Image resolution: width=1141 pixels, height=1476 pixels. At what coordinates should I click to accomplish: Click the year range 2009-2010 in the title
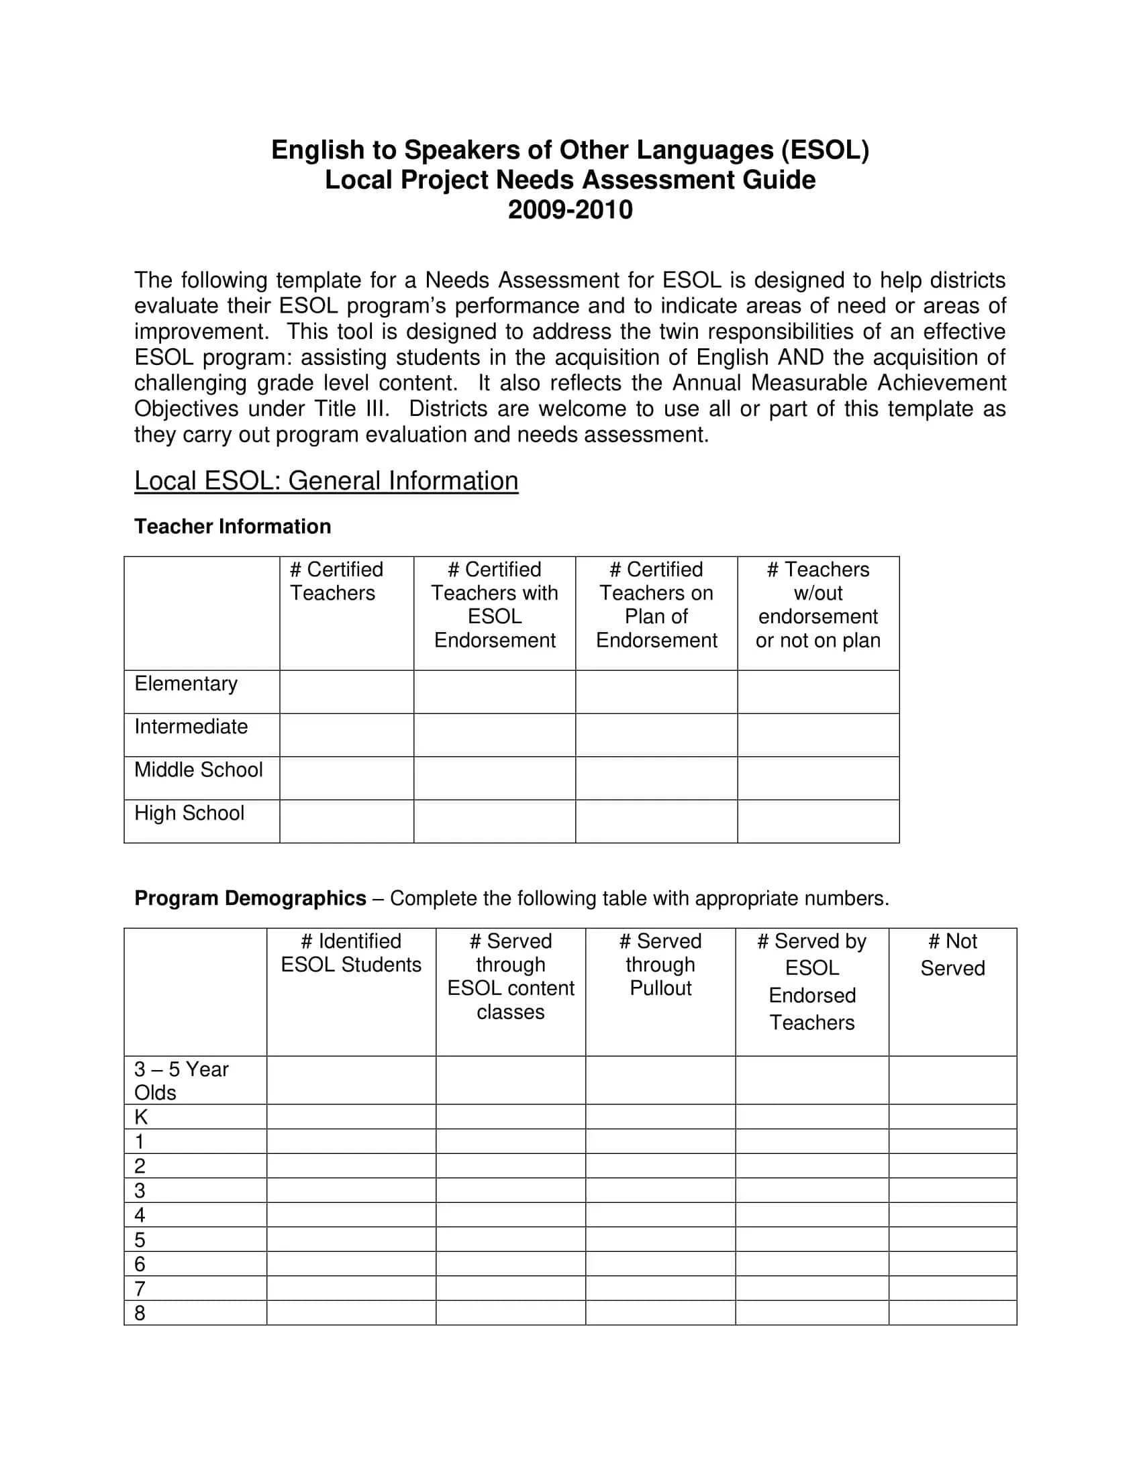(570, 210)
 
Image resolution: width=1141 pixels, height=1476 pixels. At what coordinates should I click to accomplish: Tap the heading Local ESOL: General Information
(326, 480)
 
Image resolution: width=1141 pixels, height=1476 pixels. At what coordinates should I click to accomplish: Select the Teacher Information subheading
(232, 527)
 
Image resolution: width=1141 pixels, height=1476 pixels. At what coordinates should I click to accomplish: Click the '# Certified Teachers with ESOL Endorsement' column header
(494, 605)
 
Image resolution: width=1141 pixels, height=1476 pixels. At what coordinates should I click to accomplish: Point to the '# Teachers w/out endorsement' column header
(818, 605)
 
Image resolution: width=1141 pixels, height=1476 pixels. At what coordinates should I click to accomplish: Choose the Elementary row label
(186, 684)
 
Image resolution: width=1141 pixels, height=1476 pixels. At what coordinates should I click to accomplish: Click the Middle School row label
(198, 770)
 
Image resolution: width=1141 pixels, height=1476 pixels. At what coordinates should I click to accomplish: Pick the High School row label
(189, 813)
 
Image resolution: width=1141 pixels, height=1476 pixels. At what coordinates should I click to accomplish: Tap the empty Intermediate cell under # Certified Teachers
(346, 735)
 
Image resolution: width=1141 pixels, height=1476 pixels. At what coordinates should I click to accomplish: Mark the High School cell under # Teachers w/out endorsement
(818, 821)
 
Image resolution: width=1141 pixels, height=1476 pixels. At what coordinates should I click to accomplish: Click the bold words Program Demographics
(250, 898)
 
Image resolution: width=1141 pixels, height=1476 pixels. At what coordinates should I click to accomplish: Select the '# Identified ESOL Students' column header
(351, 953)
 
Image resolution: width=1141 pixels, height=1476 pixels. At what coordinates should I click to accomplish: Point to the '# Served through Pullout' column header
(660, 965)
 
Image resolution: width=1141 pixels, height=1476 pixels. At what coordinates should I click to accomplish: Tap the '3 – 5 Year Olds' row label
(181, 1081)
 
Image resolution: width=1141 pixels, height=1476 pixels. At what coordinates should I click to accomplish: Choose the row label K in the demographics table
(140, 1117)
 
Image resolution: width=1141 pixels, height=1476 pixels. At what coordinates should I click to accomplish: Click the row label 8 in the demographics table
(140, 1313)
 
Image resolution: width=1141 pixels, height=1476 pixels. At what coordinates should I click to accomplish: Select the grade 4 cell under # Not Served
(952, 1215)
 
